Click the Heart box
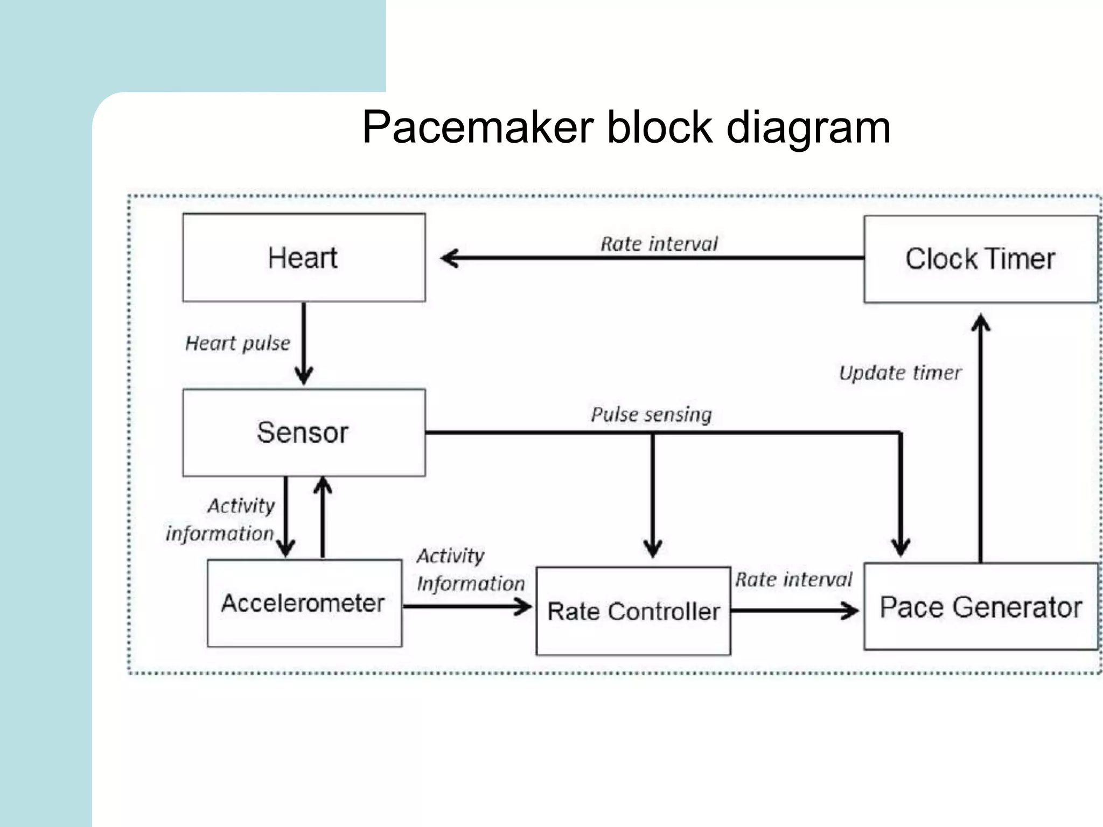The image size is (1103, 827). [x=304, y=258]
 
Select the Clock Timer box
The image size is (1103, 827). [x=980, y=259]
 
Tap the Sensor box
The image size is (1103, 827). [x=304, y=432]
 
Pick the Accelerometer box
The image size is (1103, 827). [x=304, y=603]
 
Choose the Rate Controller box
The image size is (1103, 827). [x=633, y=611]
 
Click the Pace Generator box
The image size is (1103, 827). [x=980, y=607]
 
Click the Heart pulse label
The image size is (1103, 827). [x=238, y=343]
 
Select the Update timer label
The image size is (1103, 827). [x=900, y=373]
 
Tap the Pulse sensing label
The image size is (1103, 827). [x=651, y=414]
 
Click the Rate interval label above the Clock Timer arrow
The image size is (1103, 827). [x=659, y=244]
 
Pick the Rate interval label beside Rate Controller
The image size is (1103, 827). [x=794, y=579]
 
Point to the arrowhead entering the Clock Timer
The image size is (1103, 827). [x=981, y=322]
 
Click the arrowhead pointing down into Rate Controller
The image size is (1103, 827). [x=653, y=549]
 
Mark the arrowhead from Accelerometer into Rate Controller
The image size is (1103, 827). [x=523, y=607]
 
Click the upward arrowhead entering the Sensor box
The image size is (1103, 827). [x=323, y=485]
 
